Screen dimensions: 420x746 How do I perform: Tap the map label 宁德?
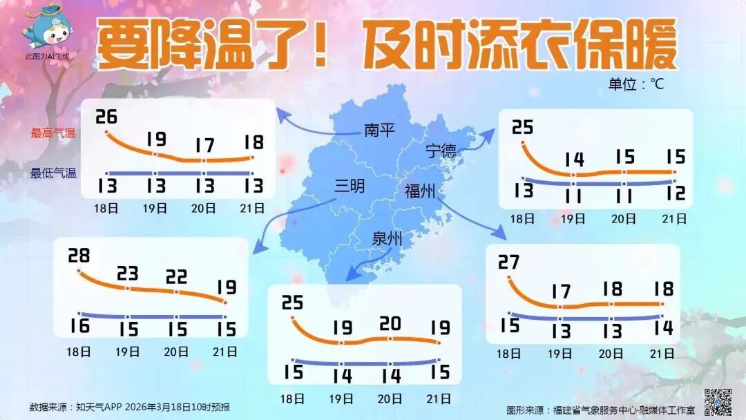pyautogui.click(x=441, y=151)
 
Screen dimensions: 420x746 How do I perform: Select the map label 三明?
pyautogui.click(x=350, y=186)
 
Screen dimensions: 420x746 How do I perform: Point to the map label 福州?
pyautogui.click(x=420, y=191)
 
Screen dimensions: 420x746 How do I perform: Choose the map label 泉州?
pyautogui.click(x=388, y=240)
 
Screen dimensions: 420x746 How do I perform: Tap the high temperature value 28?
pyautogui.click(x=79, y=256)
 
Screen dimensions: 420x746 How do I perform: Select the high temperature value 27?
pyautogui.click(x=508, y=262)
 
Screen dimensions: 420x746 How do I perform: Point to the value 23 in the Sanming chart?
pyautogui.click(x=128, y=274)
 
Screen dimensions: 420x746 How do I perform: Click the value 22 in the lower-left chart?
pyautogui.click(x=176, y=277)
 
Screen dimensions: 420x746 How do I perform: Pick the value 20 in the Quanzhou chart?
pyautogui.click(x=390, y=323)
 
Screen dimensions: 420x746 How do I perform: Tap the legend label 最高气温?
pyautogui.click(x=52, y=133)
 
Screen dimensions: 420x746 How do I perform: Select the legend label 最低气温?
pyautogui.click(x=52, y=173)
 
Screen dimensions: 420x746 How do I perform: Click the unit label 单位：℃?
pyautogui.click(x=635, y=84)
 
